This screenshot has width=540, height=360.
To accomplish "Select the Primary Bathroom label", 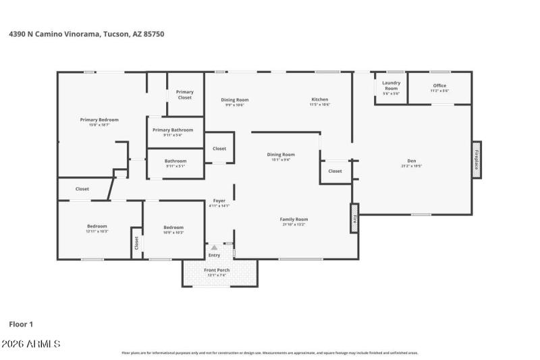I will (x=173, y=130).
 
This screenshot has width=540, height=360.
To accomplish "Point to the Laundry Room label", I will (x=391, y=86).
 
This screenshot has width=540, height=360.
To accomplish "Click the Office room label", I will (x=439, y=86).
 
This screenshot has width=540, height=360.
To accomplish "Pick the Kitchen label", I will (x=319, y=100).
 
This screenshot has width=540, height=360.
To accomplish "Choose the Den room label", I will (x=411, y=161).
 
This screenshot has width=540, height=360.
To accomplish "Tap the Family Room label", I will (x=294, y=219).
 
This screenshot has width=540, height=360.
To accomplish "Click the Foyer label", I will (x=219, y=201).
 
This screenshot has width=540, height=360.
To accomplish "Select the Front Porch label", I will (x=217, y=270).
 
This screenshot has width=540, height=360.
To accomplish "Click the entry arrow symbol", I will (x=214, y=248).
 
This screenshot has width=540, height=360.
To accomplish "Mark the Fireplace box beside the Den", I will (x=477, y=159).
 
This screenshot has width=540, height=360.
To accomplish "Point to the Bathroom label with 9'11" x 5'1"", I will (x=175, y=161).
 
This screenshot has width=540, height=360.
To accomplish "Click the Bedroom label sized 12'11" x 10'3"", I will (x=97, y=226).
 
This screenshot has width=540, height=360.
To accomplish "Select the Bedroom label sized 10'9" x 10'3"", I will (x=173, y=228).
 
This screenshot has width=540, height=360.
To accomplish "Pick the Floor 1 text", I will (x=21, y=324).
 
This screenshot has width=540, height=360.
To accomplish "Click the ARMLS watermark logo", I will (x=31, y=344).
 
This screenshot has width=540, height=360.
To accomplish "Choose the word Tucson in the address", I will (x=115, y=33).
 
